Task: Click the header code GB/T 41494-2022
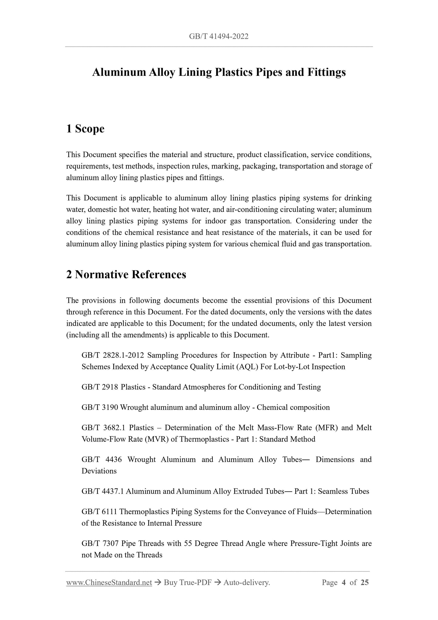[219, 37]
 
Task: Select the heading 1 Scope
[85, 129]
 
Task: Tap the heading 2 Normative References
[126, 275]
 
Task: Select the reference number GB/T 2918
[100, 387]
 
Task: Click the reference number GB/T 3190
[100, 407]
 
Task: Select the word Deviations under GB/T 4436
[99, 471]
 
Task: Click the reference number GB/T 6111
[99, 512]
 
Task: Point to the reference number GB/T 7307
[99, 544]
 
